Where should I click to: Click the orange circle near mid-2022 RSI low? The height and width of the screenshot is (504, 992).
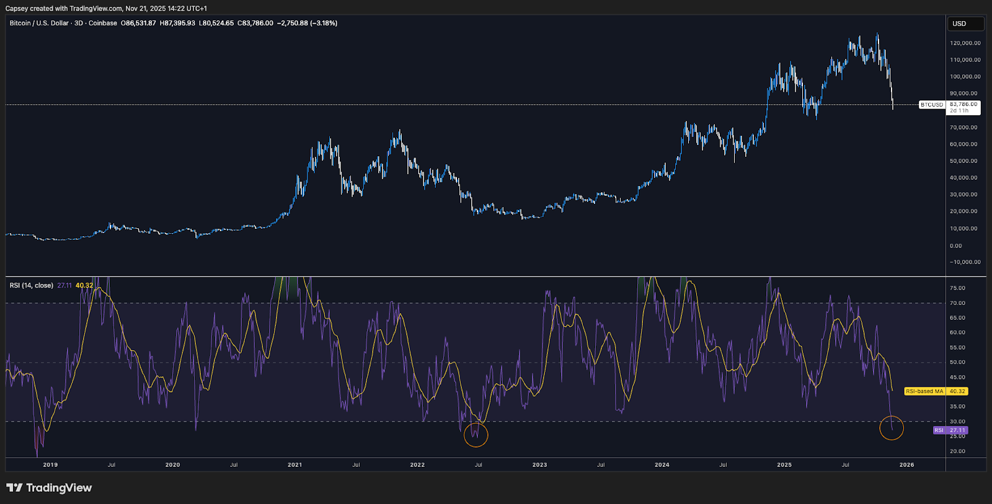tap(476, 435)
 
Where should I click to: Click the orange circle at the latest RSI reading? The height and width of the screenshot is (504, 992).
tap(892, 428)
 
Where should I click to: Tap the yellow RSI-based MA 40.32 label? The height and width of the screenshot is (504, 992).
tap(936, 391)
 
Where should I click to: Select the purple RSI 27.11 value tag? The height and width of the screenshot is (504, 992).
tap(950, 430)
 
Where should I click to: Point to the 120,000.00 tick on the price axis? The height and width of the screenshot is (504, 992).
tap(965, 43)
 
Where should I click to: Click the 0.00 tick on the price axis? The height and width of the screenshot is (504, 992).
tap(956, 246)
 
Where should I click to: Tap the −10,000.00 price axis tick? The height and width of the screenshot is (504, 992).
tap(965, 262)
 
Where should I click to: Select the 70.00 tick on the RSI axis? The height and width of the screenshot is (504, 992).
tap(957, 303)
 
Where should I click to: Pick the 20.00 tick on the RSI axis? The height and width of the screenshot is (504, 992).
tap(957, 451)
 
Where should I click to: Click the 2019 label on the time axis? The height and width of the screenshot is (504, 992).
tap(50, 465)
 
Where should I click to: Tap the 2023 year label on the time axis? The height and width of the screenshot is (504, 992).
tap(539, 465)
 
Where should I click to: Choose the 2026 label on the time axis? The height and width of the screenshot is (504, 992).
tap(906, 465)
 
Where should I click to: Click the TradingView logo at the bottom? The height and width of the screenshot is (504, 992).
tap(49, 488)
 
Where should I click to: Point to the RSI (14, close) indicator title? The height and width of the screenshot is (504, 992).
tap(32, 286)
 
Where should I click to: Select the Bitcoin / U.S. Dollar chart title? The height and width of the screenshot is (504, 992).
tap(39, 23)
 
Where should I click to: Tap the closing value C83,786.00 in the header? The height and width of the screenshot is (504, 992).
tap(255, 23)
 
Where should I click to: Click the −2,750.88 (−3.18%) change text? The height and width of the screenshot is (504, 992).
tap(307, 23)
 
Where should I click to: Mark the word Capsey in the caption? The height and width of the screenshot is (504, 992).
tap(16, 9)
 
